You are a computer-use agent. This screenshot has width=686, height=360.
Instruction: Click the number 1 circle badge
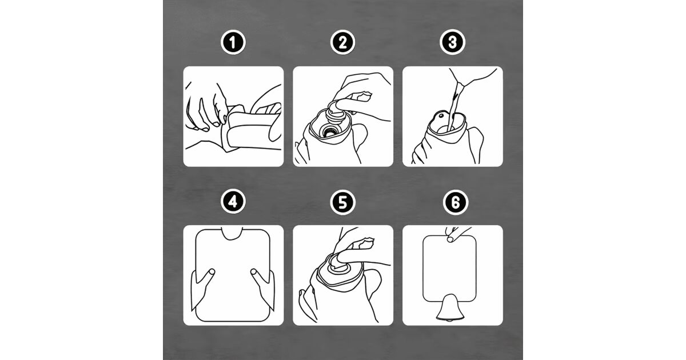pyautogui.click(x=233, y=42)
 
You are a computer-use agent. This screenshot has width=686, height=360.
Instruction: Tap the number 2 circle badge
pyautogui.click(x=342, y=42)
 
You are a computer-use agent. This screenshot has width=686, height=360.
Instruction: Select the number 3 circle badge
pyautogui.click(x=452, y=42)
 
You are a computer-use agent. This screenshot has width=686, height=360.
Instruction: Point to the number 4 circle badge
pyautogui.click(x=233, y=201)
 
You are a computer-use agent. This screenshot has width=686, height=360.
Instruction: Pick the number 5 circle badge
pyautogui.click(x=342, y=202)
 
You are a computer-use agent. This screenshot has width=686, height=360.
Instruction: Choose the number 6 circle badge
pyautogui.click(x=456, y=202)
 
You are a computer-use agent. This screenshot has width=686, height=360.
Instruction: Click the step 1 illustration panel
pyautogui.click(x=233, y=117)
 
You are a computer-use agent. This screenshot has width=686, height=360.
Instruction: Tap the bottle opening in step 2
pyautogui.click(x=330, y=131)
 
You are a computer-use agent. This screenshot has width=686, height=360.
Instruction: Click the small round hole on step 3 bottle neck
pyautogui.click(x=441, y=116)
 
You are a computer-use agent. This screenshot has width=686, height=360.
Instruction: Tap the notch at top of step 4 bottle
pyautogui.click(x=233, y=233)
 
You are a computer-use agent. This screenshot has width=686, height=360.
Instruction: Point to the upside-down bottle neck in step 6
pyautogui.click(x=449, y=307)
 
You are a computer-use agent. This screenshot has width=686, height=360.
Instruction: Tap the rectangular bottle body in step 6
pyautogui.click(x=449, y=268)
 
